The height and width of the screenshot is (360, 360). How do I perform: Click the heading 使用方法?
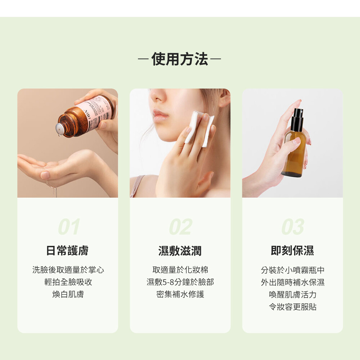180,59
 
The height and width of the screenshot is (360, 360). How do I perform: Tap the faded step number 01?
69,226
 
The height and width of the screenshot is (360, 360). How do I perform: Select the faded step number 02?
181,226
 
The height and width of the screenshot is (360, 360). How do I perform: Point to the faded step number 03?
293,226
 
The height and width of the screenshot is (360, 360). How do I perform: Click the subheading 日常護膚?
68,251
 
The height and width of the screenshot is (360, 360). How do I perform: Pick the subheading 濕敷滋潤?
180,251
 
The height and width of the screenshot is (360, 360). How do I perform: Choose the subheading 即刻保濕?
292,251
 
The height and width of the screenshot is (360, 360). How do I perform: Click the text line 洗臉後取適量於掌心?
68,270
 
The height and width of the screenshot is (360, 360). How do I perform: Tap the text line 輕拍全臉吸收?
68,282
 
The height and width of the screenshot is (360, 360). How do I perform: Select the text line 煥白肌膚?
68,294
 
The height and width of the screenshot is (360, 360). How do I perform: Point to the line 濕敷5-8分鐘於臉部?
180,282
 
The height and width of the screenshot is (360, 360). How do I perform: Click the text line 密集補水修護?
180,294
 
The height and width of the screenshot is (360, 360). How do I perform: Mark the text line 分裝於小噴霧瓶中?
293,270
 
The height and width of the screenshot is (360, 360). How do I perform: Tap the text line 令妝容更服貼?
293,307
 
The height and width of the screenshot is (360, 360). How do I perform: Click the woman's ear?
224,99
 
